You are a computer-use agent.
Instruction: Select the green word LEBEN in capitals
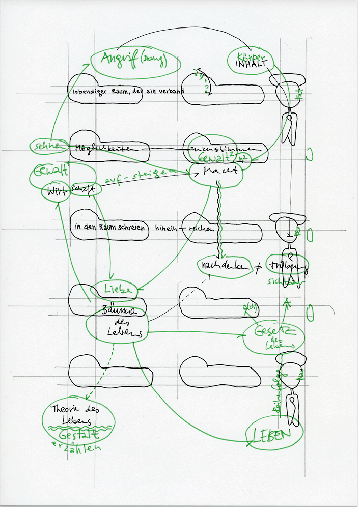pos(275,434)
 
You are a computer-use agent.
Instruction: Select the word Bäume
pos(118,310)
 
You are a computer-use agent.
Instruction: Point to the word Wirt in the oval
pos(54,192)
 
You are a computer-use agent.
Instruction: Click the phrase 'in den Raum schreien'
pos(109,228)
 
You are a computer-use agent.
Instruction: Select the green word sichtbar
pos(283,279)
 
